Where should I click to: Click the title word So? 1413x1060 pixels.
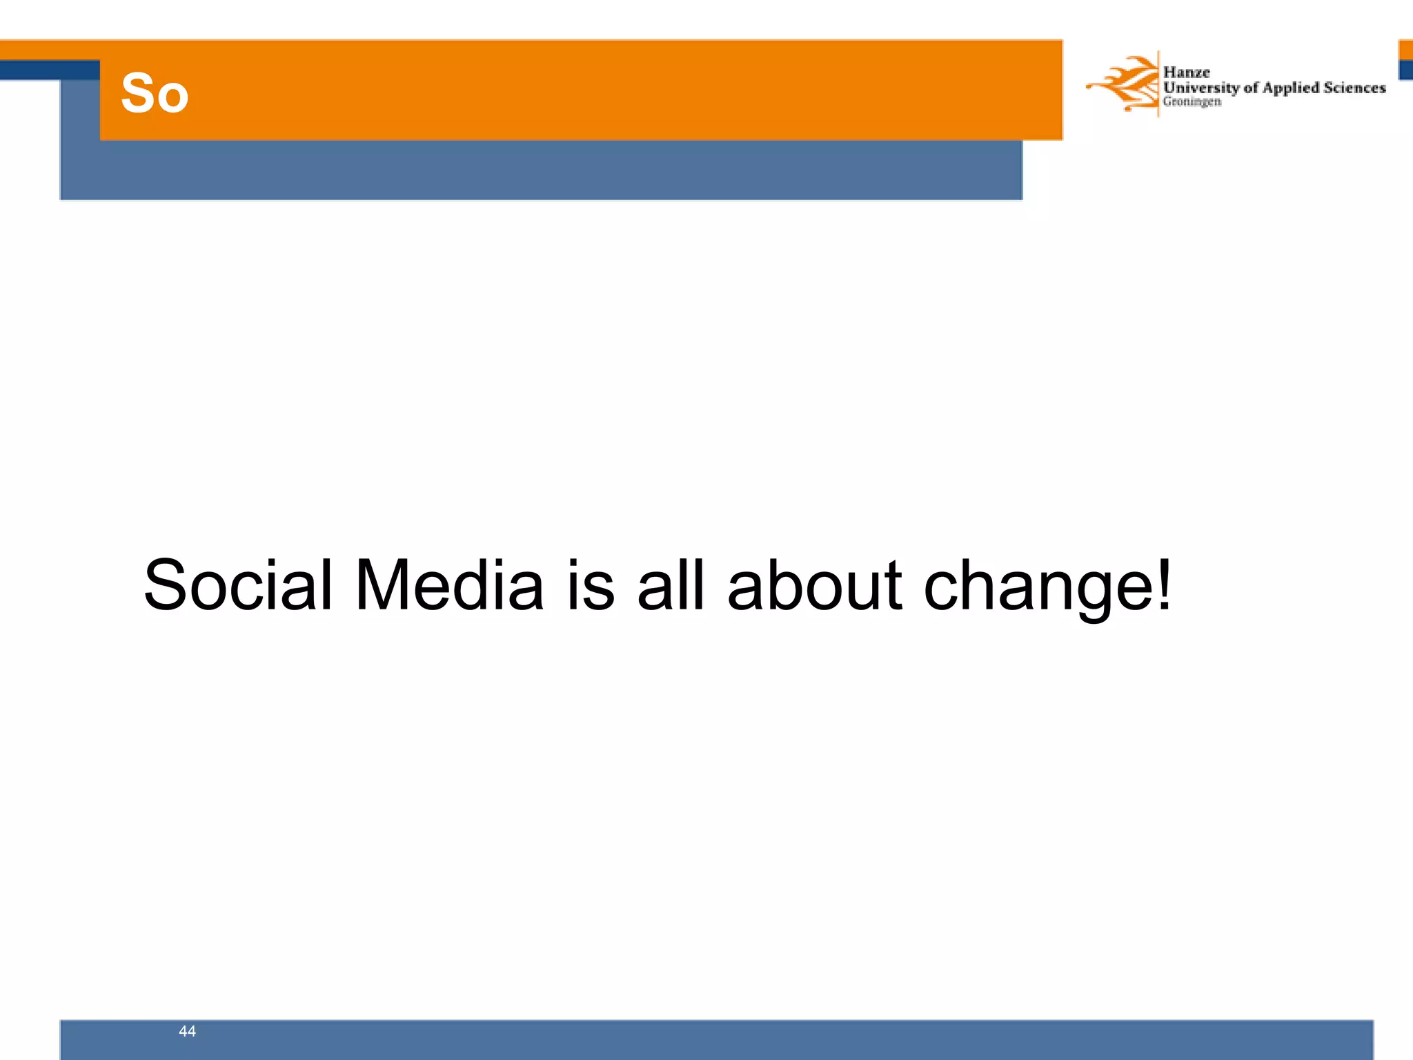(x=155, y=93)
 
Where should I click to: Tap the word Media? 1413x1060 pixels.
(x=449, y=585)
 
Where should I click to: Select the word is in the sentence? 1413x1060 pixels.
(x=591, y=585)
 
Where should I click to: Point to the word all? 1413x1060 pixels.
(x=671, y=585)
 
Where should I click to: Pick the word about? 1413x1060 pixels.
(x=815, y=585)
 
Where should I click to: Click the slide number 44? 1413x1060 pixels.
(x=187, y=1031)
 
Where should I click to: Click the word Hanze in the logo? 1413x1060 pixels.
(x=1186, y=72)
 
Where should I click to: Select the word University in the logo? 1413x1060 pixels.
(x=1201, y=88)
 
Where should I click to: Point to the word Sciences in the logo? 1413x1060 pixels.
(x=1354, y=88)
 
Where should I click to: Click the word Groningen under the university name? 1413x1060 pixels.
(x=1192, y=101)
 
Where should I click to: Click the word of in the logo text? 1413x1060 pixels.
(x=1251, y=88)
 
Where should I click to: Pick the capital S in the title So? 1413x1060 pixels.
(x=137, y=93)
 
